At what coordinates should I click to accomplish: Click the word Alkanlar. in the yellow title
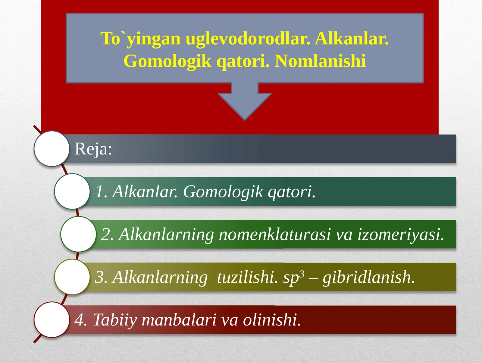point(352,39)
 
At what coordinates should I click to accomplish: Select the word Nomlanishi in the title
point(320,61)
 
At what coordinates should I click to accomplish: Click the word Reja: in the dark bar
point(93,149)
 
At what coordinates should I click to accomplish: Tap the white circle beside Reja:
point(52,149)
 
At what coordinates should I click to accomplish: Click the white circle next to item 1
point(72,191)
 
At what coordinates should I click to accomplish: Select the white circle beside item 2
point(78,234)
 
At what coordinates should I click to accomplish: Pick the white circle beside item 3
point(72,277)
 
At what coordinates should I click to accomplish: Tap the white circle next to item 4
point(52,320)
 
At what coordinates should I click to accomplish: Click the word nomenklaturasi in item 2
point(275,234)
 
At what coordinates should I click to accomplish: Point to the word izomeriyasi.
point(401,234)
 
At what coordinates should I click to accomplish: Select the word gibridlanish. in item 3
point(368,277)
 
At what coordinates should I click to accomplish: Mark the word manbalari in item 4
point(179,320)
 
